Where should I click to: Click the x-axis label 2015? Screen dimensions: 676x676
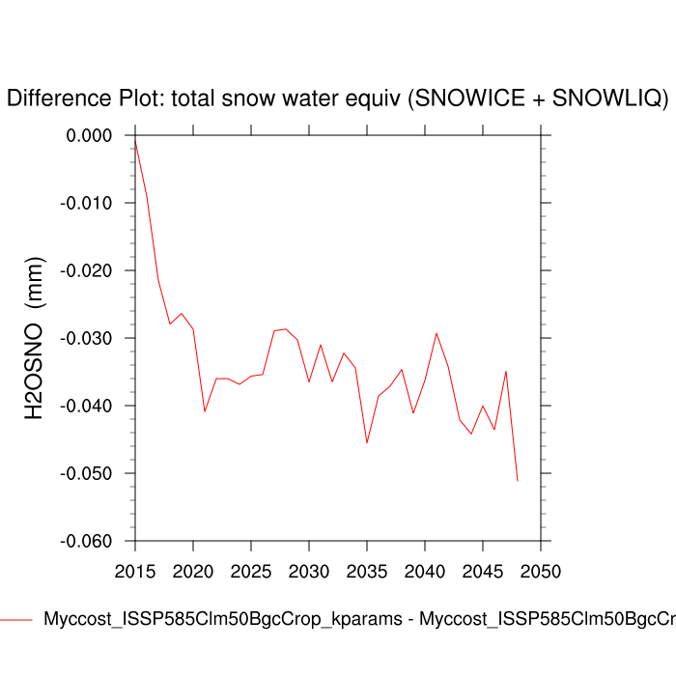tap(135, 570)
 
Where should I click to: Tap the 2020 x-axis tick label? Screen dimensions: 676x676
tap(193, 570)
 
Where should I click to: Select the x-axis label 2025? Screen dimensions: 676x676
tap(251, 570)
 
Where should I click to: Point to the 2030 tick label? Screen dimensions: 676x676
tap(309, 570)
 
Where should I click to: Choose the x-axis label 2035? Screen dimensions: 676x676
tap(367, 570)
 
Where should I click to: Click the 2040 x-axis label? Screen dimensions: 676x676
tap(425, 570)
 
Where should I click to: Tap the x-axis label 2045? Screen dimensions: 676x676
tap(483, 570)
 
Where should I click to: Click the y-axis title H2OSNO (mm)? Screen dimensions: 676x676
tap(35, 338)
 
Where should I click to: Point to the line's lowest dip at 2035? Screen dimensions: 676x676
tap(367, 442)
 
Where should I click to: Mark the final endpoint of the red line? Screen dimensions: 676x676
tap(518, 480)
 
